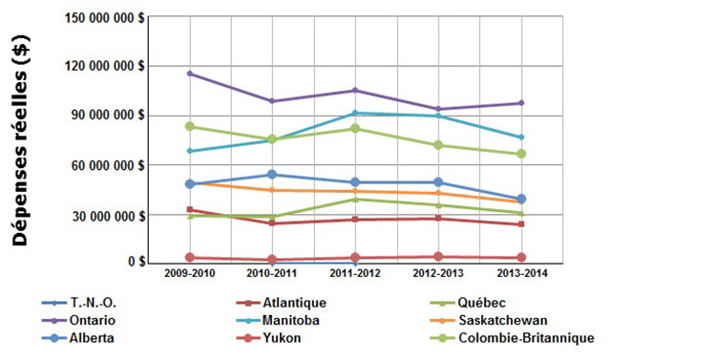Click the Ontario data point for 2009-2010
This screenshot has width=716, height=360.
[190, 74]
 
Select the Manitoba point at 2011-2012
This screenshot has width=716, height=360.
[355, 114]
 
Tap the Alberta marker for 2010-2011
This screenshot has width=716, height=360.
[272, 175]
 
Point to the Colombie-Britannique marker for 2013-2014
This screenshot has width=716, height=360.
[521, 154]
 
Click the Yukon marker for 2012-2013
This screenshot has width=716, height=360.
[438, 257]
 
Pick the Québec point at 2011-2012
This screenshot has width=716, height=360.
[355, 199]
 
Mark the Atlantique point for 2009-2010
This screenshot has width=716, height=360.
[190, 210]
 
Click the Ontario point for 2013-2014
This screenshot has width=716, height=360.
[521, 103]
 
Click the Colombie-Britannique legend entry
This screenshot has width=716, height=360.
[526, 337]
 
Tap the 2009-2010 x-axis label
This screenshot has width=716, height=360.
[190, 275]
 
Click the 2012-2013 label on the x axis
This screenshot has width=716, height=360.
[438, 275]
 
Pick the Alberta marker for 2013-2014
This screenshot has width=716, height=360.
[521, 200]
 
